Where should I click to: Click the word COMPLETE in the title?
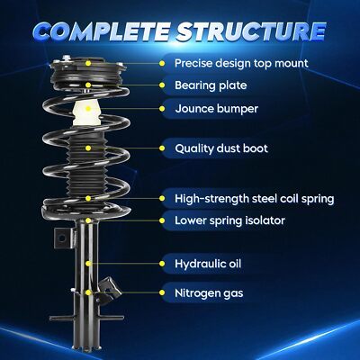click(102, 31)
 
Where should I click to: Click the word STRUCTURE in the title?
click(251, 31)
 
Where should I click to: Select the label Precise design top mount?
click(241, 64)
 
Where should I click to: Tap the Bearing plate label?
click(211, 85)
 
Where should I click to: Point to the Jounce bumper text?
click(216, 109)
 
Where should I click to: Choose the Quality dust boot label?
click(221, 148)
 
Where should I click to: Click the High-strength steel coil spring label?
click(255, 199)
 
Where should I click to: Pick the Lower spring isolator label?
click(229, 220)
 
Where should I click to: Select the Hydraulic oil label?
click(208, 264)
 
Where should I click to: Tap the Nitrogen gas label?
click(209, 293)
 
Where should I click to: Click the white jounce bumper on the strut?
click(87, 113)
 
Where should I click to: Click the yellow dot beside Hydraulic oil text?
click(162, 264)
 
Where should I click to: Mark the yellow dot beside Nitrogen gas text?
click(162, 292)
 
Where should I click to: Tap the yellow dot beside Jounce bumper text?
click(162, 109)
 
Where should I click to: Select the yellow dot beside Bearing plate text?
click(162, 85)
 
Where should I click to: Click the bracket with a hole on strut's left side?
click(64, 238)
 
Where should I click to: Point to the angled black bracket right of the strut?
click(109, 289)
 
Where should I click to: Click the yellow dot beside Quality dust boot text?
click(162, 148)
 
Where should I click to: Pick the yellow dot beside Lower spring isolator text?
click(162, 220)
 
